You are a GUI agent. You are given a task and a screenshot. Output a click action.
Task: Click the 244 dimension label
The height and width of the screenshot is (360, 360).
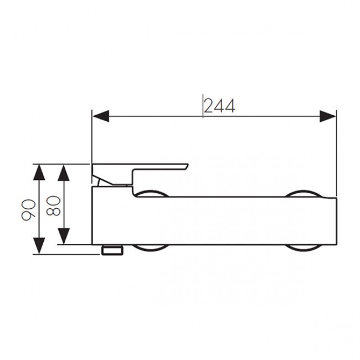(219, 106)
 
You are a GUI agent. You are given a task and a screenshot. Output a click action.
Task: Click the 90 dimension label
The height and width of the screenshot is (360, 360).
(28, 210)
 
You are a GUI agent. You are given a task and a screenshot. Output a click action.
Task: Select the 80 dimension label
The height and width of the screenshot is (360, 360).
(53, 205)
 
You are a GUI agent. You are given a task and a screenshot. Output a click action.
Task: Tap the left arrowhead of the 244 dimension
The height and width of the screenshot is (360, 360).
(101, 116)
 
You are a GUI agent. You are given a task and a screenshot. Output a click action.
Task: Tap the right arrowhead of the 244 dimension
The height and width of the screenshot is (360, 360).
(328, 116)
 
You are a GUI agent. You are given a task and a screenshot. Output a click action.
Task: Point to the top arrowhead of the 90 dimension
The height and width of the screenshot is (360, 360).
(39, 172)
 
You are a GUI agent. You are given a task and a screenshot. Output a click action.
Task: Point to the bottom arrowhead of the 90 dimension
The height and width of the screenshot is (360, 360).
(39, 246)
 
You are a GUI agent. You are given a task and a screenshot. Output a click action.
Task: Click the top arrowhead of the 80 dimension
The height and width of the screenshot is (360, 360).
(64, 173)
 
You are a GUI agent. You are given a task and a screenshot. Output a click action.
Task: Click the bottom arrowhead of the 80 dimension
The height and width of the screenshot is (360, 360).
(64, 236)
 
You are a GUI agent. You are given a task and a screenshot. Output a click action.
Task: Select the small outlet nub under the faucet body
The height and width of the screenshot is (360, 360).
(112, 250)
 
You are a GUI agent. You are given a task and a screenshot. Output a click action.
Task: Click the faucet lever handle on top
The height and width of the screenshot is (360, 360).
(140, 174)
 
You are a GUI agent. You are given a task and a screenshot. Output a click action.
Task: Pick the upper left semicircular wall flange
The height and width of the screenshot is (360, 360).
(151, 193)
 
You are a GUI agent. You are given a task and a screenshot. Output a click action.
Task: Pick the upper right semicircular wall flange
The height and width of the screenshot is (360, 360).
(304, 193)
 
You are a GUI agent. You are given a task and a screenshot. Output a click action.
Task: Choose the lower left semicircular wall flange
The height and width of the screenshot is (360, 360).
(151, 248)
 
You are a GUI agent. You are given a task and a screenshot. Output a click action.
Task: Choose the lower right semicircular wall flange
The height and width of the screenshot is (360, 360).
(303, 248)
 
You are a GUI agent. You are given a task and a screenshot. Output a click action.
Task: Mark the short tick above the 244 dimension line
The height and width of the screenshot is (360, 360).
(203, 106)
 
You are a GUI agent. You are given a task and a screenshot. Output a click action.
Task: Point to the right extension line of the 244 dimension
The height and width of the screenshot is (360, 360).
(336, 153)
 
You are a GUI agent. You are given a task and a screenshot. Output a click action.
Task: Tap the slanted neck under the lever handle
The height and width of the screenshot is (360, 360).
(99, 182)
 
